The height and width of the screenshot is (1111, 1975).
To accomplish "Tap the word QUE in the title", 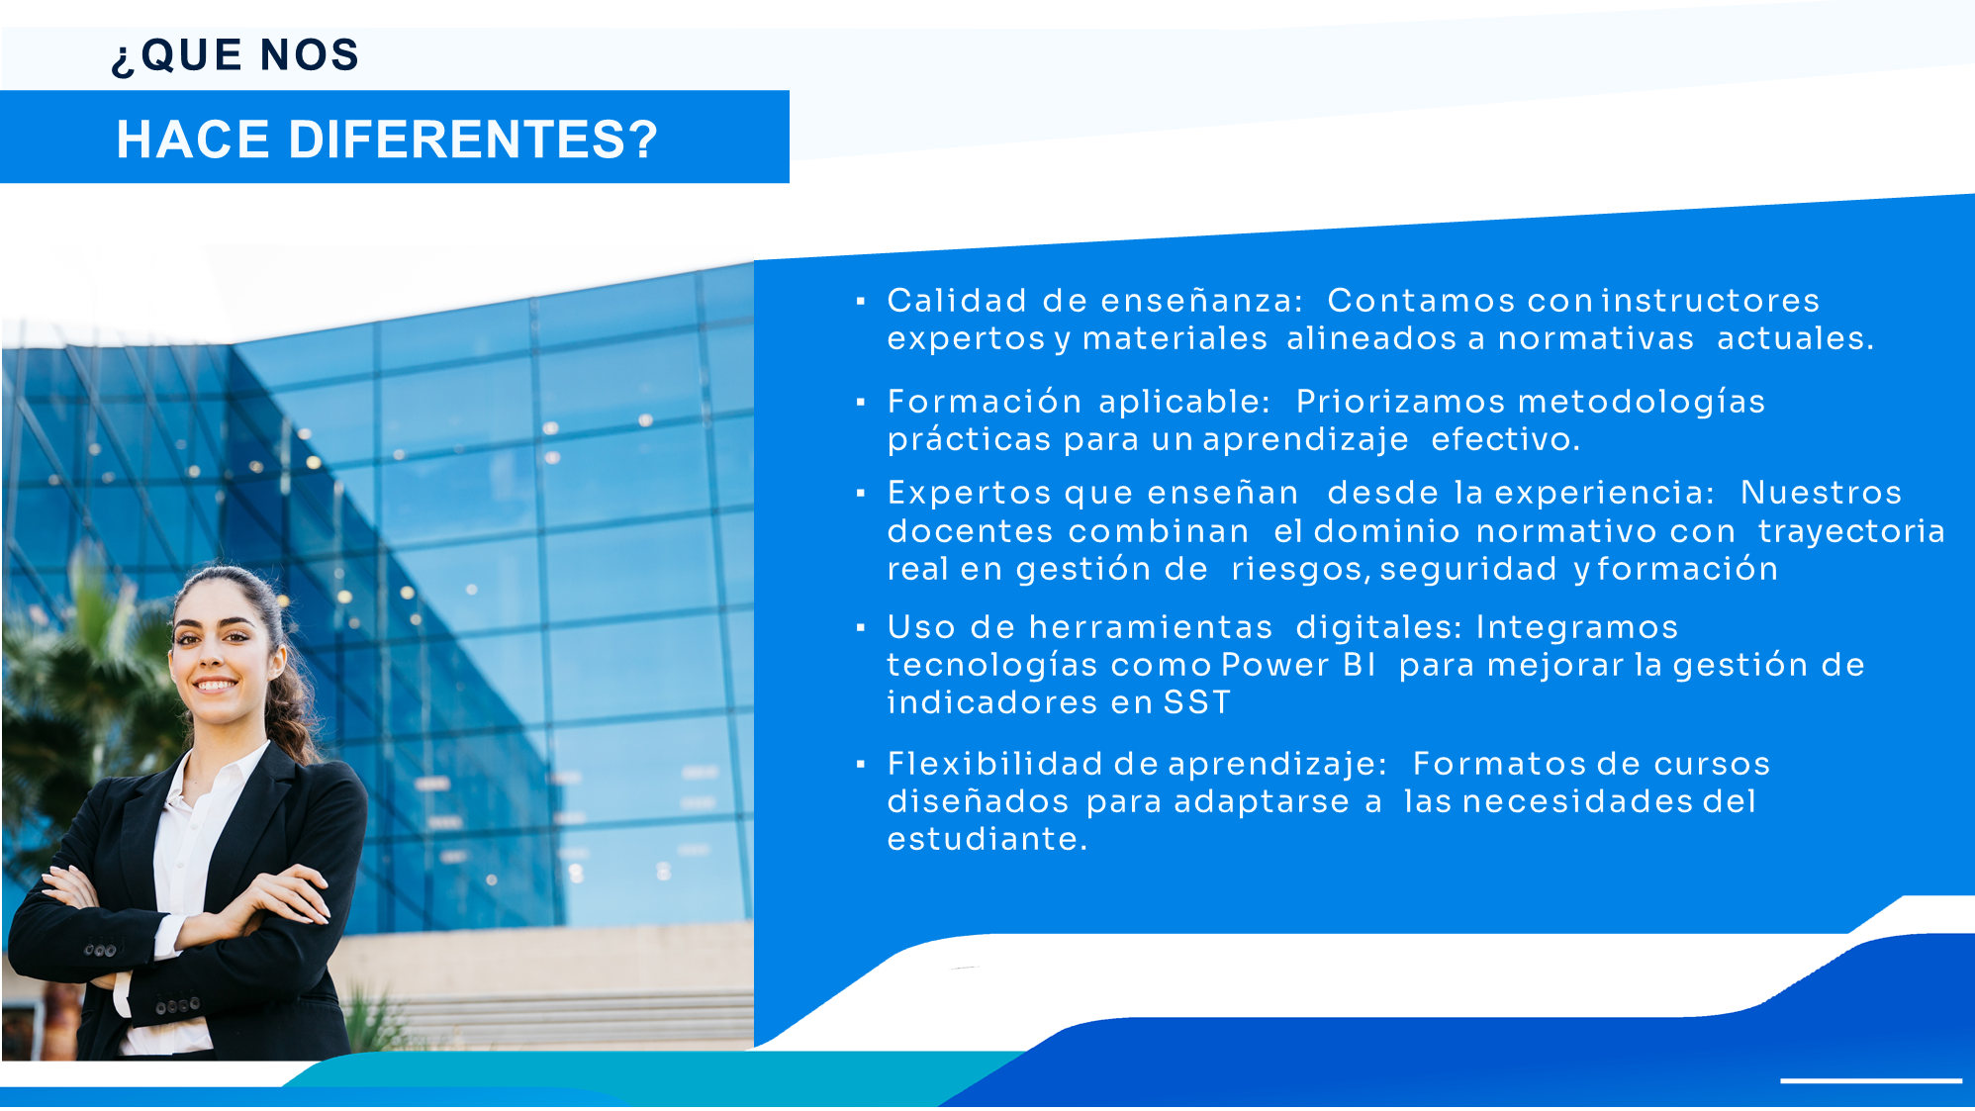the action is point(191,55).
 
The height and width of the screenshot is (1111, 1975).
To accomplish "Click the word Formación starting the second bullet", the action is point(985,402).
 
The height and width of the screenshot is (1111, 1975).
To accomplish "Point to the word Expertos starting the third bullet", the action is point(970,493).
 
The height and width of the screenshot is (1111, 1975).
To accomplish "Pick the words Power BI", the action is point(1298,665).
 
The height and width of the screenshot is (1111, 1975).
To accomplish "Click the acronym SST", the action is point(1196,702).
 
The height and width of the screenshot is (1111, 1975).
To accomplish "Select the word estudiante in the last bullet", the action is point(987,839).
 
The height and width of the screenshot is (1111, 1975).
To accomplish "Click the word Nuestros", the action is point(1821,493).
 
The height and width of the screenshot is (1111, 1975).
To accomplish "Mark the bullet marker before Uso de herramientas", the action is point(861,627).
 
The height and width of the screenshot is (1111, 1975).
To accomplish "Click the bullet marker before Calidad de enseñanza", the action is point(861,301).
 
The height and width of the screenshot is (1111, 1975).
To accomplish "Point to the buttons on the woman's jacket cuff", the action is point(100,951).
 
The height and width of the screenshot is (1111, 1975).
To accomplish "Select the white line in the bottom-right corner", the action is point(1871,1080).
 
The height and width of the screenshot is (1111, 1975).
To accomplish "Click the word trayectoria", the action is point(1851,532).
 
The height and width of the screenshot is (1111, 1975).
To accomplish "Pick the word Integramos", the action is point(1577,627).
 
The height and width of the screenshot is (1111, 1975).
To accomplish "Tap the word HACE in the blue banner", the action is point(193,139).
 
